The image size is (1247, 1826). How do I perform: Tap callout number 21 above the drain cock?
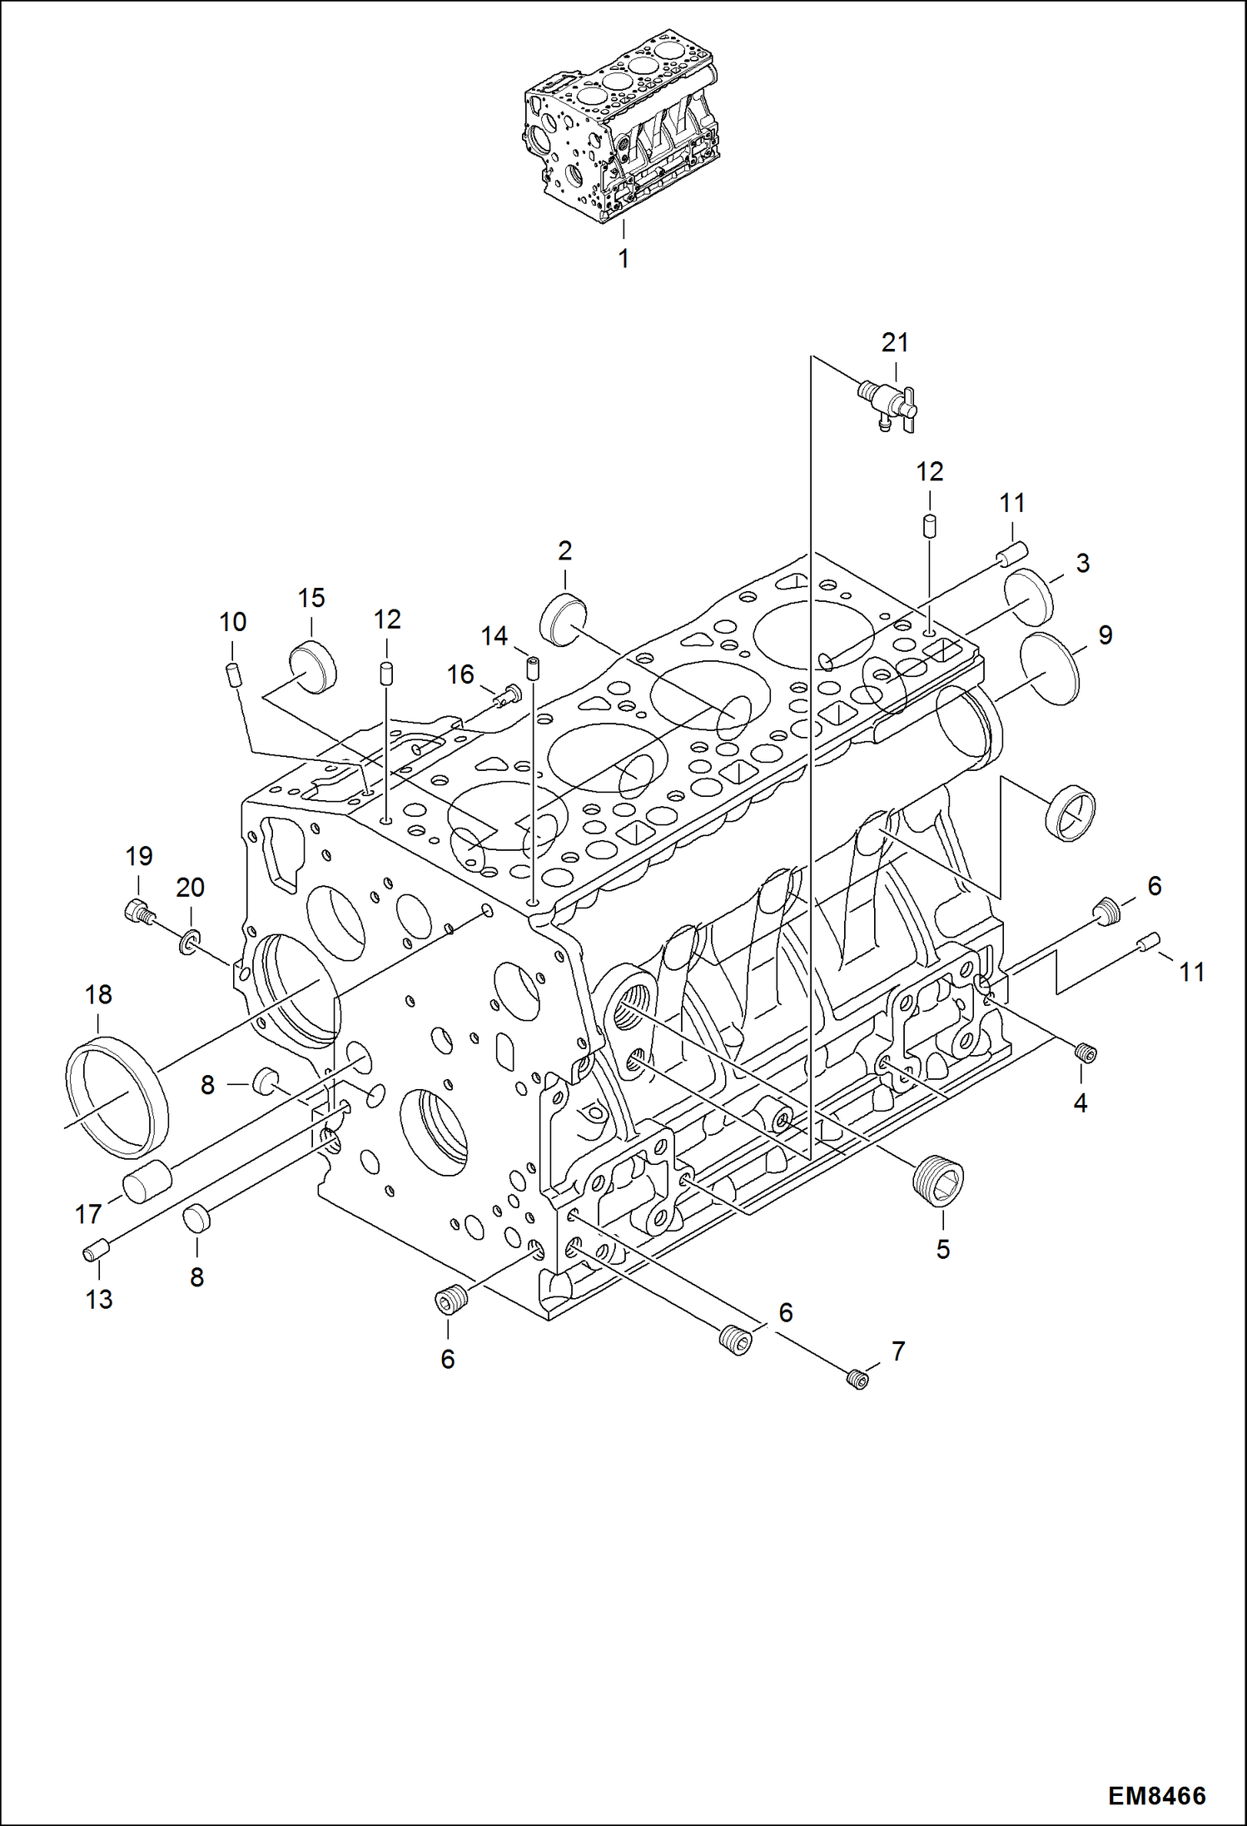(895, 342)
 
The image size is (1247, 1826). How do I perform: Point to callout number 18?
(98, 994)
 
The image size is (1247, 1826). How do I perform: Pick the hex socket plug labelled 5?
(938, 1183)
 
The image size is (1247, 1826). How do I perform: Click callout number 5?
(942, 1249)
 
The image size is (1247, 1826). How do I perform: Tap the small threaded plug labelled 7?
(857, 1380)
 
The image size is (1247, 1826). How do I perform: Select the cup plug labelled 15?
(312, 667)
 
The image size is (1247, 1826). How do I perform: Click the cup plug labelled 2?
(564, 619)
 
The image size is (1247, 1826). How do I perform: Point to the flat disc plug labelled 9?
(1049, 669)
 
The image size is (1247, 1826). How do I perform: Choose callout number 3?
(1082, 564)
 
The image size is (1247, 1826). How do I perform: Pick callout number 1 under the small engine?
(623, 259)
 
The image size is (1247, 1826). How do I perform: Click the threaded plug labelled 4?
(1086, 1054)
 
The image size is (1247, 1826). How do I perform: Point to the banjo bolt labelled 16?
(505, 694)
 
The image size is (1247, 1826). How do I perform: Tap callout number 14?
(494, 636)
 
